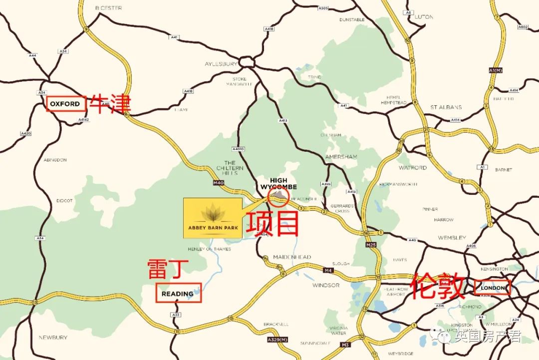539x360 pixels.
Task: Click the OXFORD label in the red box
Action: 65,104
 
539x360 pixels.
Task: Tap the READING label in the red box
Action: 178,294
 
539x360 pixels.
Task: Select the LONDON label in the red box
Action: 493,288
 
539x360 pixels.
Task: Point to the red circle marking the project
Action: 277,194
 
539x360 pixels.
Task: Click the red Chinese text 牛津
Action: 110,104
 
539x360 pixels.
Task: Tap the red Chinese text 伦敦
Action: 438,287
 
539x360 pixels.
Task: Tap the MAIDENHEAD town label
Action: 292,257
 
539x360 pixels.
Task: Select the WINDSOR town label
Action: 326,285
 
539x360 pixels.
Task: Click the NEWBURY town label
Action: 53,338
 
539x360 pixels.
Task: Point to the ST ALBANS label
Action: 446,107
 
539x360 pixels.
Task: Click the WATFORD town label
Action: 413,168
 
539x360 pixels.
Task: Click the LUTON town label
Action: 424,16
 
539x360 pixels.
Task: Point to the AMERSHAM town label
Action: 341,156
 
